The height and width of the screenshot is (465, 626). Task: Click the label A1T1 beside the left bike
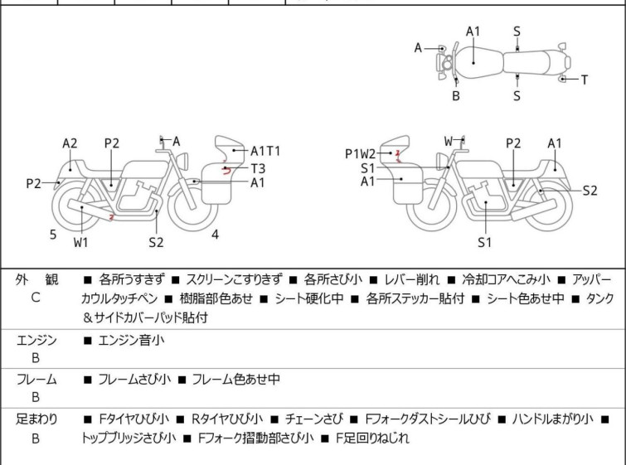pyautogui.click(x=265, y=151)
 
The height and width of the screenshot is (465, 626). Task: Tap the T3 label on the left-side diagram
pyautogui.click(x=258, y=167)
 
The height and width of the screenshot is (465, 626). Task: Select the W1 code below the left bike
pyautogui.click(x=81, y=243)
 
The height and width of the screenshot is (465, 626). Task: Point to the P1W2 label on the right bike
pyautogui.click(x=360, y=153)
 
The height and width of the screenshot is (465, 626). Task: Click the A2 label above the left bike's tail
pyautogui.click(x=70, y=143)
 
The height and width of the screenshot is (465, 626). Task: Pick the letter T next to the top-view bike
pyautogui.click(x=584, y=80)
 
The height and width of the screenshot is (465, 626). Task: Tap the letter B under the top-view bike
pyautogui.click(x=456, y=96)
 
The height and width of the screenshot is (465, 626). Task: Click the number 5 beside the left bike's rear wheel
pyautogui.click(x=53, y=235)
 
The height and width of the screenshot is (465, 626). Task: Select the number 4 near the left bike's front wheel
pyautogui.click(x=215, y=235)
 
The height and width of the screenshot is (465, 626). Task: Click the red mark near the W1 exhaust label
pyautogui.click(x=111, y=217)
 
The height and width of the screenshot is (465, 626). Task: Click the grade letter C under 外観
pyautogui.click(x=35, y=298)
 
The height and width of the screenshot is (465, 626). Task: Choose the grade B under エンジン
pyautogui.click(x=35, y=358)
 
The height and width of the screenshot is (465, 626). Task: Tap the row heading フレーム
pyautogui.click(x=36, y=380)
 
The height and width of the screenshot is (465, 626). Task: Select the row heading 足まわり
pyautogui.click(x=36, y=419)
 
